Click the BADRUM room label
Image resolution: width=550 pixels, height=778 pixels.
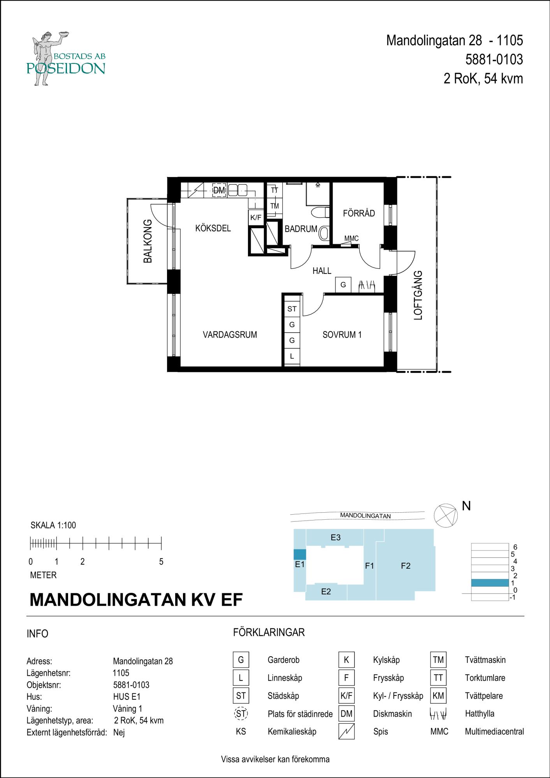[301, 229]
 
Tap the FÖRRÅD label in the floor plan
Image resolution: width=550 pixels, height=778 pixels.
[359, 213]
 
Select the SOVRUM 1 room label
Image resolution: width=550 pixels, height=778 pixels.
[342, 335]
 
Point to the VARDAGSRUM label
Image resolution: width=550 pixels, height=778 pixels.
[230, 335]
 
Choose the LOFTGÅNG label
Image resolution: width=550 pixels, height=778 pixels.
[418, 295]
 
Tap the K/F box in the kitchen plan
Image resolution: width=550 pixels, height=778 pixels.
[256, 217]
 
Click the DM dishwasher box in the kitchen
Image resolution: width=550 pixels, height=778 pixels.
[219, 191]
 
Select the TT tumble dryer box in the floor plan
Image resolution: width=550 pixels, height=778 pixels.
[274, 190]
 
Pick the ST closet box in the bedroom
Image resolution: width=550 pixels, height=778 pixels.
[292, 309]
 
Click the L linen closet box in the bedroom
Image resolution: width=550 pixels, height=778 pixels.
[292, 356]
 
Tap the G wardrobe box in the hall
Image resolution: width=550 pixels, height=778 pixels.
[343, 285]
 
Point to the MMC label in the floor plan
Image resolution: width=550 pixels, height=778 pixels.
[351, 238]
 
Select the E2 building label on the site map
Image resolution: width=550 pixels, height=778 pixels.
[326, 592]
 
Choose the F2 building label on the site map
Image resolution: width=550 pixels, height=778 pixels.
[406, 566]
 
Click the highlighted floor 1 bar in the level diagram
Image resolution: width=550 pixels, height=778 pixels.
[490, 583]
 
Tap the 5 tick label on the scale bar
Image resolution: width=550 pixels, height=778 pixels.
[161, 562]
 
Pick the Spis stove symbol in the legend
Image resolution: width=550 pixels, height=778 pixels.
[346, 732]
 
